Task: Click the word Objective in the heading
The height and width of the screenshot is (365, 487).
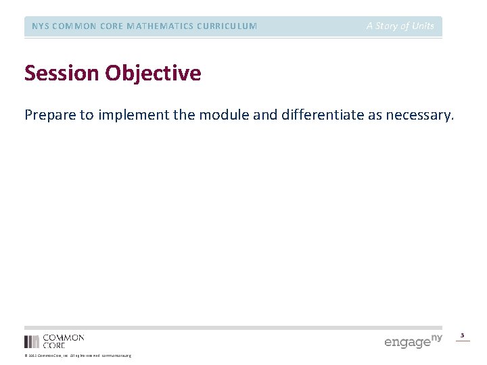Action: click(x=152, y=73)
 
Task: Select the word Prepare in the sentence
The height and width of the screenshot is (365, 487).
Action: click(x=50, y=115)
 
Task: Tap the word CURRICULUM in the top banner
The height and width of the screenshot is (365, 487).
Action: click(x=227, y=26)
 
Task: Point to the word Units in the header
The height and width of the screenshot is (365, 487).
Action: click(x=423, y=26)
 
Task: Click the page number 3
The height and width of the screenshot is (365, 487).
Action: click(x=463, y=335)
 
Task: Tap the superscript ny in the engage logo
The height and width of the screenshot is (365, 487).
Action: click(x=437, y=337)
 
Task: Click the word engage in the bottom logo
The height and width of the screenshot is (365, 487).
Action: click(x=407, y=343)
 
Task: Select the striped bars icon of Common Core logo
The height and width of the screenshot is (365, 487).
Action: click(x=32, y=341)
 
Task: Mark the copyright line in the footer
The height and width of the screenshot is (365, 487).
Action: click(x=77, y=356)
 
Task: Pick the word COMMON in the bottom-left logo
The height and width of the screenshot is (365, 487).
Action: click(x=64, y=337)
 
